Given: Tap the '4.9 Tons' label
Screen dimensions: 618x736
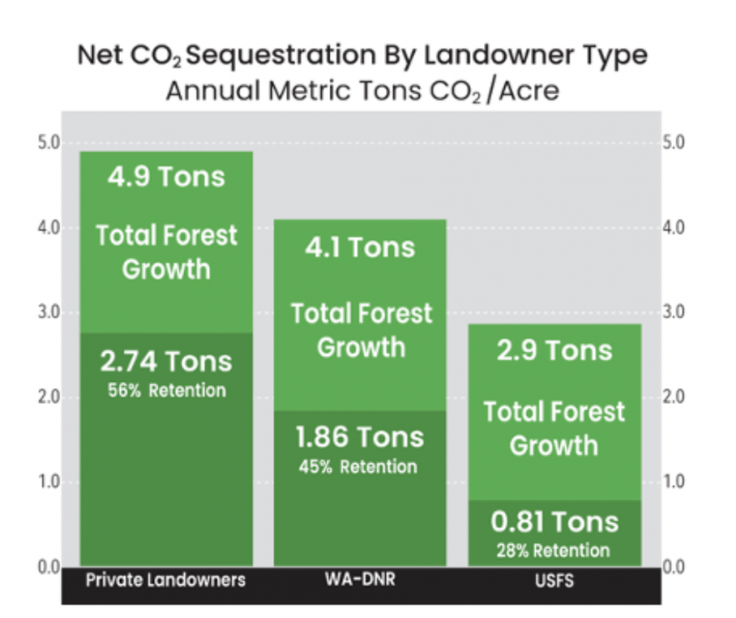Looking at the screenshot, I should coord(166,178).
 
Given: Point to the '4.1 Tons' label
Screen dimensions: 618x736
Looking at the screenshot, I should coord(360,248).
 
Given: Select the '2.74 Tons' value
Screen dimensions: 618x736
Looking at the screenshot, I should coord(166,362).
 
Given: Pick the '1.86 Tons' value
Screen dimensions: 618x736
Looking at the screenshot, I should coord(360,438).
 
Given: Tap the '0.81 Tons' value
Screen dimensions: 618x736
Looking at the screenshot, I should coord(555,523).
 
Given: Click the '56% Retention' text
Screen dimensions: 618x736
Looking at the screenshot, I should coord(166,390).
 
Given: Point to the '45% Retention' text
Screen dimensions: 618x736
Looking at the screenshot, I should coord(360,466).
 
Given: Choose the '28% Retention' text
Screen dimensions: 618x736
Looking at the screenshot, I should coord(555,550).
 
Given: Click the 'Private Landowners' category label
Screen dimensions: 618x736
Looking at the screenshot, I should coord(166,580).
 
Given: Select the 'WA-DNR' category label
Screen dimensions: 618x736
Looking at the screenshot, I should coord(360,580).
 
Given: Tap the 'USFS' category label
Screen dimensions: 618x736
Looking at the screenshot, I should coord(555,580).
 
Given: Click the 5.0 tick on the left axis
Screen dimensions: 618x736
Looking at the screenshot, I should coord(48,143).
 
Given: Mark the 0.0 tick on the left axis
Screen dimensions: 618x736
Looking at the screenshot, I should coord(48,566).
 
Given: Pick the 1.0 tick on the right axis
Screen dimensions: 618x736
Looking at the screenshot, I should coord(675,483).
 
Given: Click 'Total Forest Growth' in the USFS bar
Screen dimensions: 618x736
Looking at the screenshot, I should coord(555,429).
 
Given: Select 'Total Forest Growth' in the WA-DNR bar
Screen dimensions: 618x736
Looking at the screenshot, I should coord(360,330).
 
